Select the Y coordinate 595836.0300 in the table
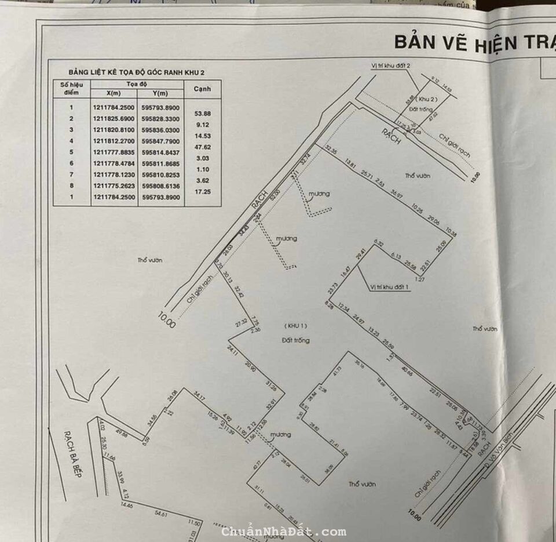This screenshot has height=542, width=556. [160, 130]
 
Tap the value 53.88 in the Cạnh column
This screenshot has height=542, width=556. [203, 114]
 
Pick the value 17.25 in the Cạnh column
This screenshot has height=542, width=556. [203, 191]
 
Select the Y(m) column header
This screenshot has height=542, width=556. [160, 93]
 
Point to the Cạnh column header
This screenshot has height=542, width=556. [202, 89]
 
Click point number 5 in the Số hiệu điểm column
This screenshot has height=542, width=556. [71, 152]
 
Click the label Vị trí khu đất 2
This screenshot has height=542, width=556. [391, 66]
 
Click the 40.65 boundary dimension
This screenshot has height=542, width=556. [406, 374]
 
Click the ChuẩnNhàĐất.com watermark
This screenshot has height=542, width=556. [284, 532]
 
